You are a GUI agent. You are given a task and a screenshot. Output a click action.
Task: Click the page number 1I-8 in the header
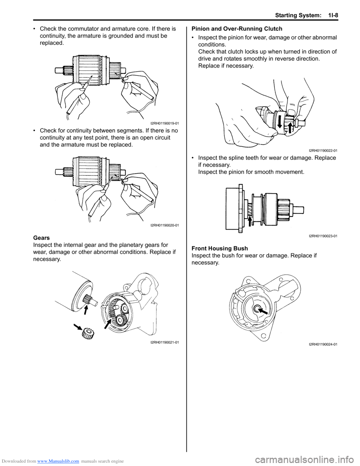[331, 15]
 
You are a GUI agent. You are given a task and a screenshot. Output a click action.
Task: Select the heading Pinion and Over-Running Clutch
[237, 29]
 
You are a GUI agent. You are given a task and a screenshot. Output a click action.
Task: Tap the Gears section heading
[41, 238]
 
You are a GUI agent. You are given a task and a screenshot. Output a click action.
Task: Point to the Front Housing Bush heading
[219, 248]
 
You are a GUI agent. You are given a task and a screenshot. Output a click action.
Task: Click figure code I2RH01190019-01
[165, 123]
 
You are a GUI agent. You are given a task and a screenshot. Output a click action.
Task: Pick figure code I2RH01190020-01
[165, 225]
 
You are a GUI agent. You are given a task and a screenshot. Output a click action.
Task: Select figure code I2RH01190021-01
[165, 342]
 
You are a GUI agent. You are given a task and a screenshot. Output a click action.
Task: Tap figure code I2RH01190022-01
[323, 150]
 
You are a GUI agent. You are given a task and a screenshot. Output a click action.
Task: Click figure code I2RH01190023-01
[323, 236]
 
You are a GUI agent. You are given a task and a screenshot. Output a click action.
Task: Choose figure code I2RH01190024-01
[323, 344]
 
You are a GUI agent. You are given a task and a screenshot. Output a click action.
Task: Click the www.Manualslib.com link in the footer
[58, 461]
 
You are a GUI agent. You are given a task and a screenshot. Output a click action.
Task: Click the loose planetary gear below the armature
[88, 333]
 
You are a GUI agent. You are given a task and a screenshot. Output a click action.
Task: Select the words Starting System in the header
[298, 15]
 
